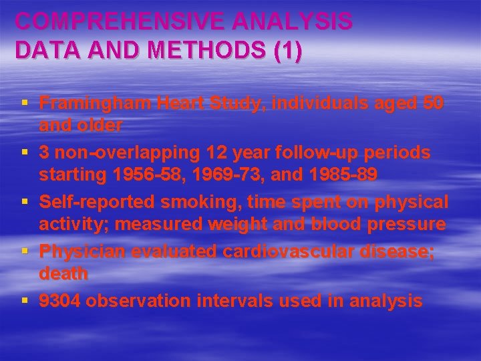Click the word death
[x=63, y=273]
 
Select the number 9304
[x=59, y=302]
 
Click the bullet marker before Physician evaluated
[x=25, y=251]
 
